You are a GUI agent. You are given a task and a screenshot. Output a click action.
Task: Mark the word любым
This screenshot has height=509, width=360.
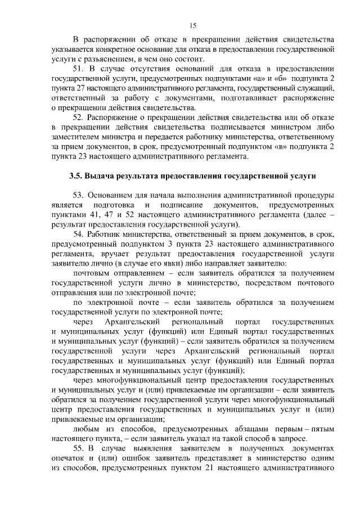coord(87,428)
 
